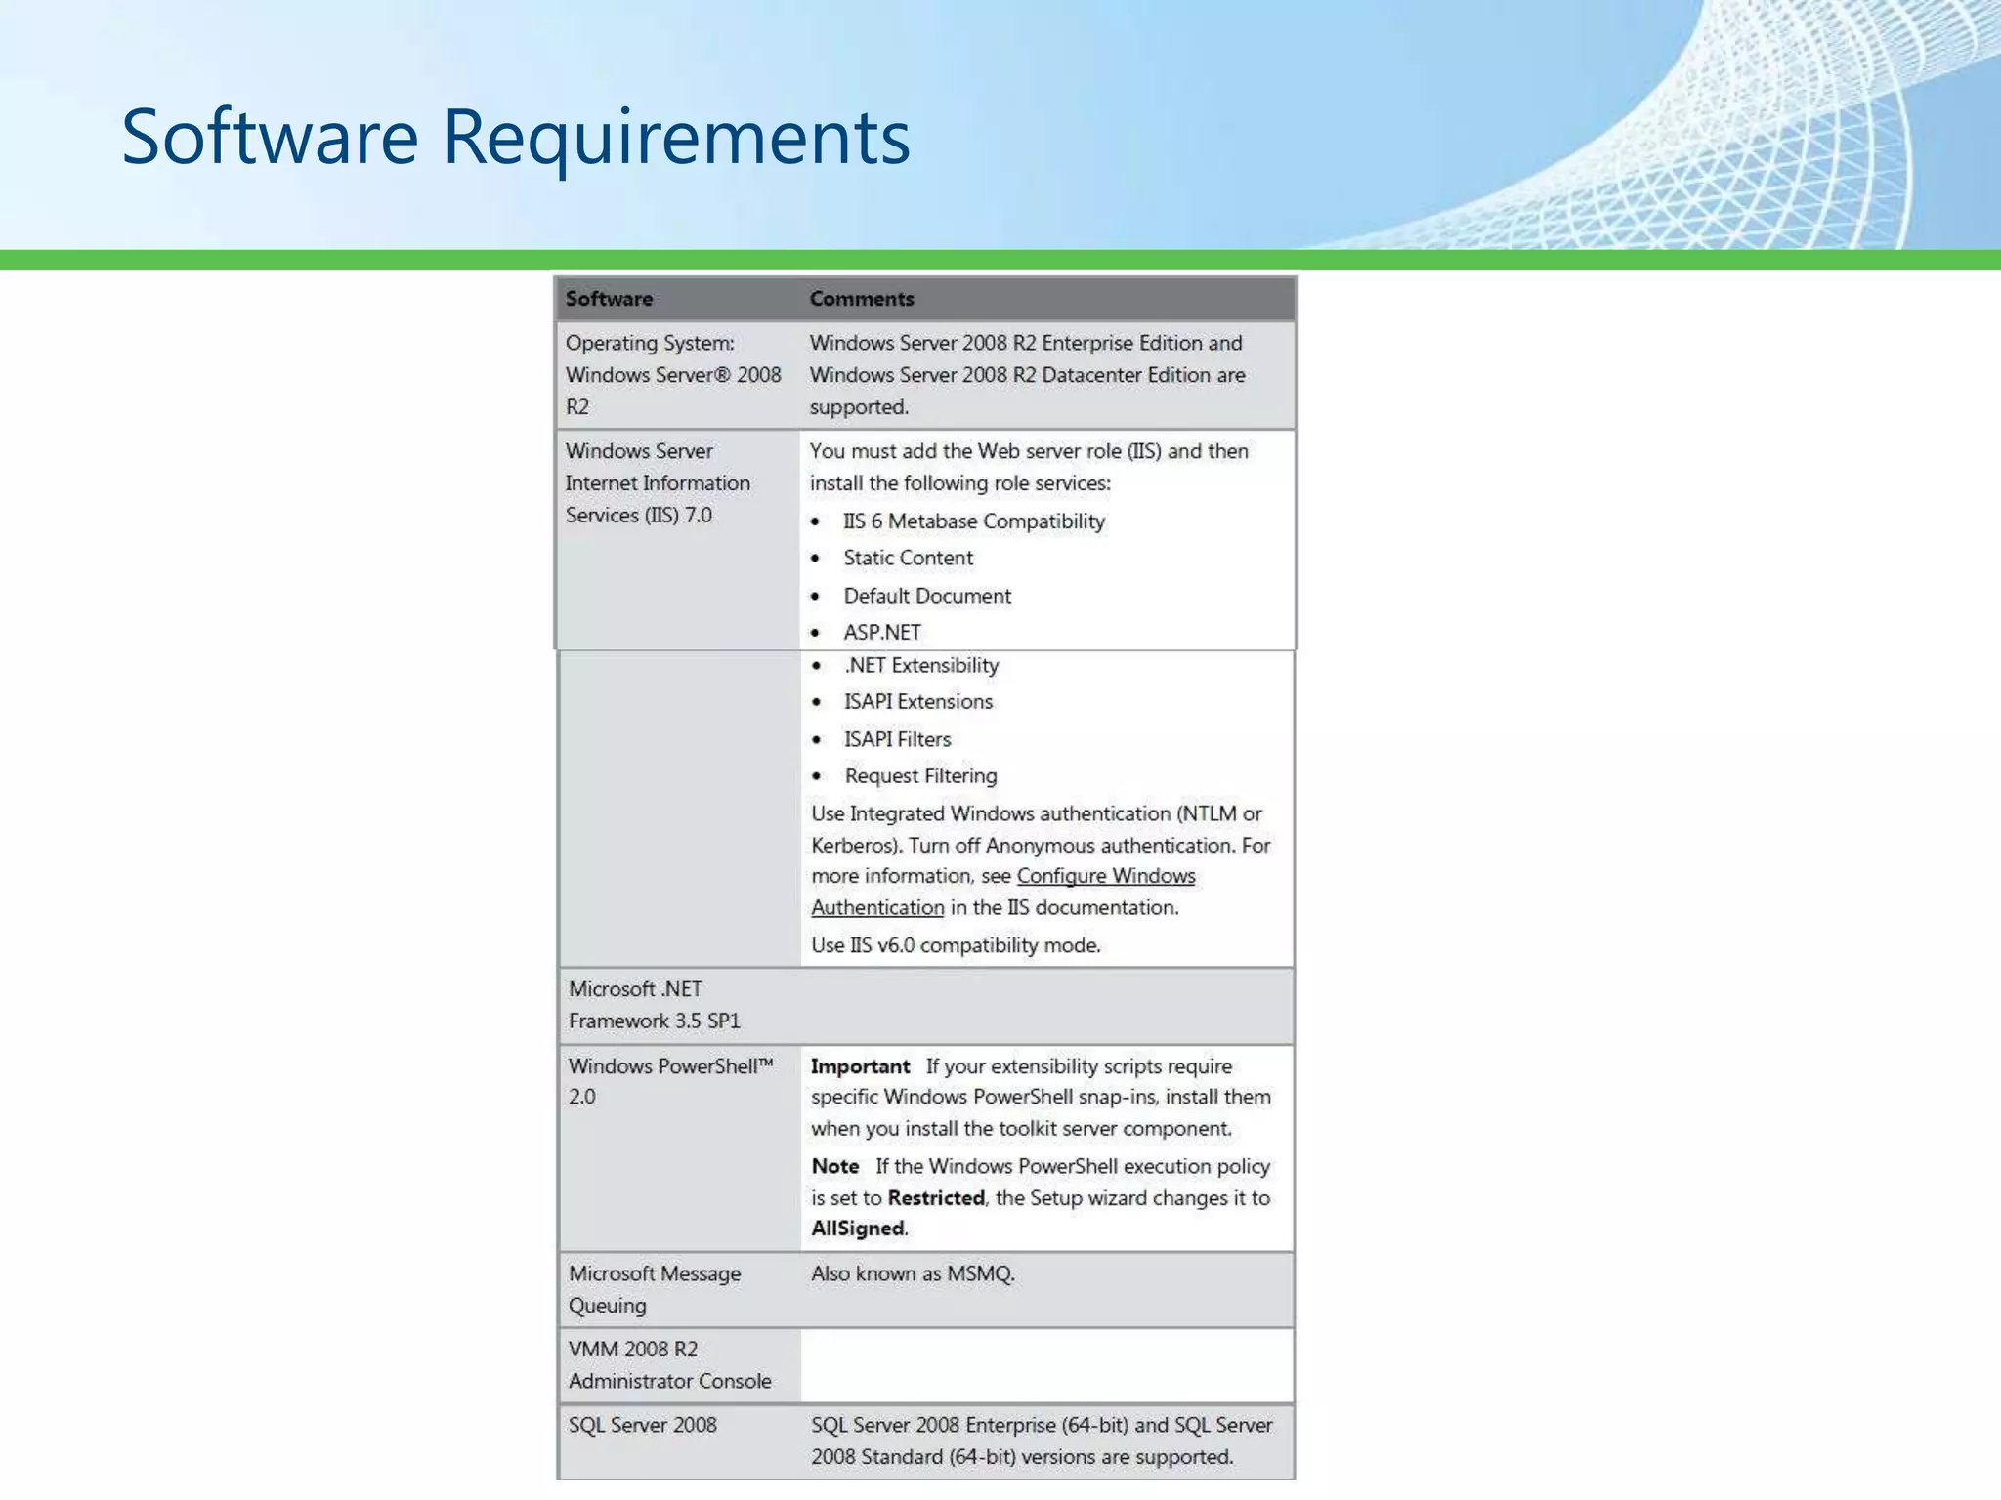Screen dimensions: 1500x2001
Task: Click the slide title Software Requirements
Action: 515,137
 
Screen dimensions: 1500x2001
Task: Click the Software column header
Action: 609,299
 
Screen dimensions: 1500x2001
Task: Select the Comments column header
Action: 861,299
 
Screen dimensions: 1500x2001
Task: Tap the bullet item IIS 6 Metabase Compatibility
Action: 973,521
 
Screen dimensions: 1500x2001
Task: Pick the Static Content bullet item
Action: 908,558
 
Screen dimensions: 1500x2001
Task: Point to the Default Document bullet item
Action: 926,596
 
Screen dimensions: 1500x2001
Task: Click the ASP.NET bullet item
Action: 881,633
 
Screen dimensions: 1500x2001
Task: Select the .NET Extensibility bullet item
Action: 920,666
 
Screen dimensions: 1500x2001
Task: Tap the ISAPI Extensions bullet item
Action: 917,702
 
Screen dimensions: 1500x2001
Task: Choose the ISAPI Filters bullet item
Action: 897,739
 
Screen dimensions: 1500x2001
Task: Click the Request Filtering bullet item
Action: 920,776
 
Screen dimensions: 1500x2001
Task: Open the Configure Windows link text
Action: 1105,876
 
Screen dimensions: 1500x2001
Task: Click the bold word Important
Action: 860,1066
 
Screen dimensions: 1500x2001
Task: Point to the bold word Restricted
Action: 935,1198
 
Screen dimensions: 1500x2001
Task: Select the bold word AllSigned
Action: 857,1229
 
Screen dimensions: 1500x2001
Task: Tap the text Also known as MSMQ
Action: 913,1273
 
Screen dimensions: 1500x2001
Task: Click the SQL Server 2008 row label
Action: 642,1425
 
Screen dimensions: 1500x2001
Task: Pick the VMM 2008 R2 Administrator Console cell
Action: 669,1364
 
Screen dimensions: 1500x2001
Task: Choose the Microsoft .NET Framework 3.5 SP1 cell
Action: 654,1005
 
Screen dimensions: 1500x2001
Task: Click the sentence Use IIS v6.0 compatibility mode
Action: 955,945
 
